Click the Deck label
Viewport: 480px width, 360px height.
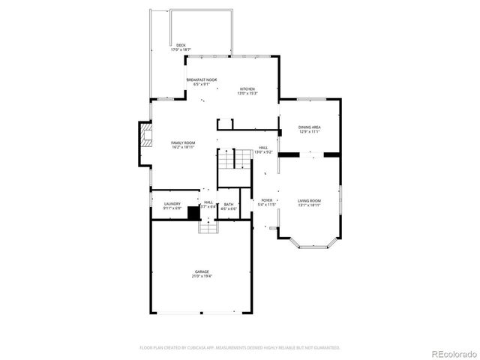[180, 45]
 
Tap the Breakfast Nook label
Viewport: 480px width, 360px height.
[202, 79]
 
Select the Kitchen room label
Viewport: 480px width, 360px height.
[247, 88]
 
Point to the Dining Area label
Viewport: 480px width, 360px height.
[310, 127]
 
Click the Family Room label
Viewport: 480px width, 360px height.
[183, 142]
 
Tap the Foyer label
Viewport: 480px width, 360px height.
[267, 200]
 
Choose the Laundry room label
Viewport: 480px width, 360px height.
[172, 203]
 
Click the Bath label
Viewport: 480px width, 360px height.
[228, 204]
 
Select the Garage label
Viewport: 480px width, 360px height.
[202, 271]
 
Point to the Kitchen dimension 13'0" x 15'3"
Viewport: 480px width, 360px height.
[247, 94]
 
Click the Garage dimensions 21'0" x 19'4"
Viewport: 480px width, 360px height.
[202, 277]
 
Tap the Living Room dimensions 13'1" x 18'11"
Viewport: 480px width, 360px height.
[310, 205]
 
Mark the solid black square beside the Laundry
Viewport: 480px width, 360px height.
[193, 213]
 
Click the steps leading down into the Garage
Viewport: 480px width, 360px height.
[208, 226]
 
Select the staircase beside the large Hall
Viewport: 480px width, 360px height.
[233, 160]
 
